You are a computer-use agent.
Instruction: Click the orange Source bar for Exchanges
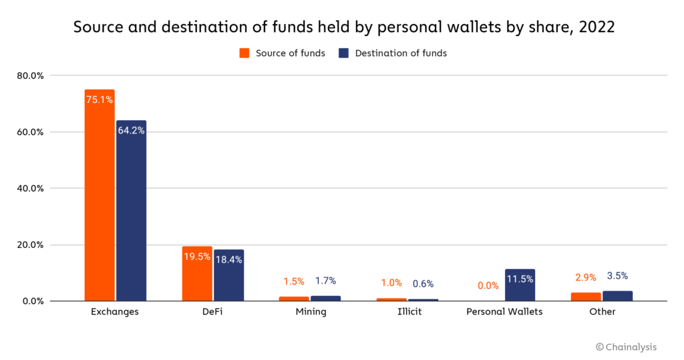pyautogui.click(x=100, y=200)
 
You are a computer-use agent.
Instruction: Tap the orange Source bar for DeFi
pyautogui.click(x=197, y=281)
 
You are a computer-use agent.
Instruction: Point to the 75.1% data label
pyautogui.click(x=100, y=100)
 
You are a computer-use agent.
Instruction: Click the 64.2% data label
pyautogui.click(x=131, y=130)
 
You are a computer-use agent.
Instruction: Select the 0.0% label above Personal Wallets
pyautogui.click(x=488, y=285)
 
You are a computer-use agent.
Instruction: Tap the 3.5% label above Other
pyautogui.click(x=617, y=275)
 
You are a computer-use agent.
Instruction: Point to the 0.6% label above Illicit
pyautogui.click(x=423, y=283)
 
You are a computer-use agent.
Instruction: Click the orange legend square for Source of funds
pyautogui.click(x=244, y=53)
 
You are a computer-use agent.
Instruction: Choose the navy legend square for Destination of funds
pyautogui.click(x=344, y=53)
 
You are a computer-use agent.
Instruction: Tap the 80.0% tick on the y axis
pyautogui.click(x=30, y=75)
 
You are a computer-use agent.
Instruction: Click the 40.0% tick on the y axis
pyautogui.click(x=30, y=188)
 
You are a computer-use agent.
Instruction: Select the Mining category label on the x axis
pyautogui.click(x=311, y=312)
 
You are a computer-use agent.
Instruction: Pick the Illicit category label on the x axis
pyautogui.click(x=407, y=312)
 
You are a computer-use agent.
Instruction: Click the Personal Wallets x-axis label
pyautogui.click(x=504, y=312)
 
